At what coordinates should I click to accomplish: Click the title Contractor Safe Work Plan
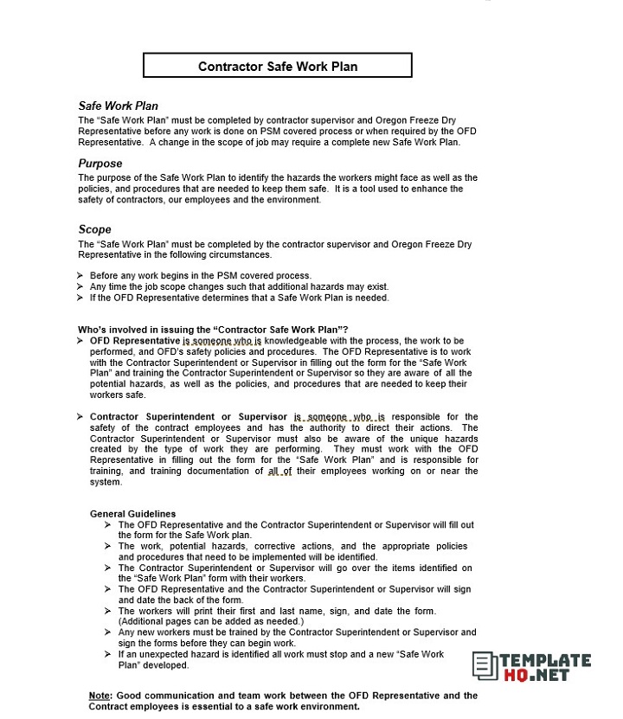pos(277,66)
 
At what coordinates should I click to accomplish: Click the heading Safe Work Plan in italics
pos(118,106)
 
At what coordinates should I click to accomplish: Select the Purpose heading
pos(100,163)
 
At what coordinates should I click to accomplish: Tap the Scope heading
pos(94,229)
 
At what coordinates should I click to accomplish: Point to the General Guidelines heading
pos(132,514)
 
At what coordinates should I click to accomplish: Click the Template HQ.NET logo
pos(531,664)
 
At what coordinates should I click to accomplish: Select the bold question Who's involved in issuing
pos(213,330)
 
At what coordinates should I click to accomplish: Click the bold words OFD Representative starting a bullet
pos(134,341)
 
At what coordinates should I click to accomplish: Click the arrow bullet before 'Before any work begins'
pos(80,276)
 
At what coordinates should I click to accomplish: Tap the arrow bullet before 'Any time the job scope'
pos(80,287)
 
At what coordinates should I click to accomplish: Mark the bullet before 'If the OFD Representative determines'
pos(80,298)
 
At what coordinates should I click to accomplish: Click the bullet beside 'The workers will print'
pos(107,611)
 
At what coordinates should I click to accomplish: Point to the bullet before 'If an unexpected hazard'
pos(107,654)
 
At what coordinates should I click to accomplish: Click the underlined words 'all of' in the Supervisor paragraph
pos(279,472)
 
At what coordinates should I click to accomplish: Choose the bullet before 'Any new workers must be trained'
pos(107,632)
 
